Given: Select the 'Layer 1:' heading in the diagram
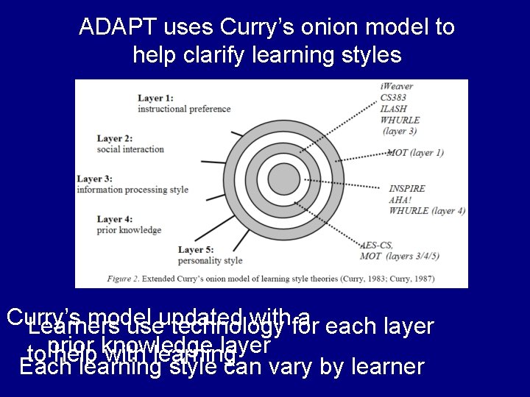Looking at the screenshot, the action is pos(155,98).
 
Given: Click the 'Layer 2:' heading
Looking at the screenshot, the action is pos(114,138).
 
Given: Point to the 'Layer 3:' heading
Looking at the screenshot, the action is pos(94,179).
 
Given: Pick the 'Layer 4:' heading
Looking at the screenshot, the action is pos(114,219).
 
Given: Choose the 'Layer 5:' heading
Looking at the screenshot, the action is pos(195,249).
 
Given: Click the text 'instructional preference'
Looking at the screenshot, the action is pos(183,109).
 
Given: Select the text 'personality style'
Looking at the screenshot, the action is pos(210,260).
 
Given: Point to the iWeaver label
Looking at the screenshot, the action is pos(397,87).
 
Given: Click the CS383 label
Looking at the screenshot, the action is pos(395,98).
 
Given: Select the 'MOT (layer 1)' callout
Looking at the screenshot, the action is pos(415,153).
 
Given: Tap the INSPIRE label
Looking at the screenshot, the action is pos(406,189).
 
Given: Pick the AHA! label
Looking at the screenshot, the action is pos(399,200).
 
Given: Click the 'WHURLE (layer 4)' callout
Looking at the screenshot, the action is pos(427,211).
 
